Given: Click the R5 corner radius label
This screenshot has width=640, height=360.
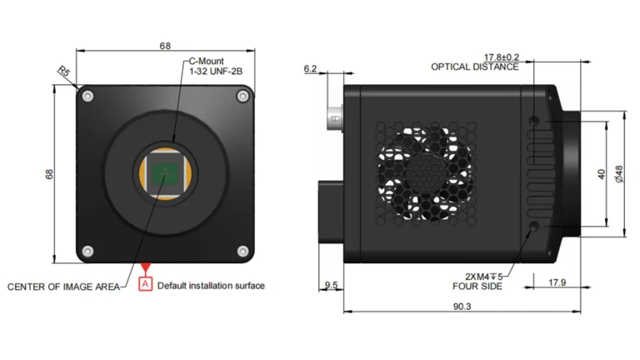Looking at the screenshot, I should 62,72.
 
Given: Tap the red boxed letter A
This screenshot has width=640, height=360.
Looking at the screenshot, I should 147,285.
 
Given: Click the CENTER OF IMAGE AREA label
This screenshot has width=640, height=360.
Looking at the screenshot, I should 63,287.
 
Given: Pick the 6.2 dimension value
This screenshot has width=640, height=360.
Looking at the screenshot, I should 311,69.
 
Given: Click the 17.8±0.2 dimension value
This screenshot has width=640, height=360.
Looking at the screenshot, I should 501,57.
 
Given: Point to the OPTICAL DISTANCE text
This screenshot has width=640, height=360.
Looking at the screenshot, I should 475,67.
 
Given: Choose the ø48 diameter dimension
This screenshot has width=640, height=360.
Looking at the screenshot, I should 618,174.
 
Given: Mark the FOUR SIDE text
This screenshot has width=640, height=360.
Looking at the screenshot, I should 482,286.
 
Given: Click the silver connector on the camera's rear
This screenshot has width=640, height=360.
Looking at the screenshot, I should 332,116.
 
